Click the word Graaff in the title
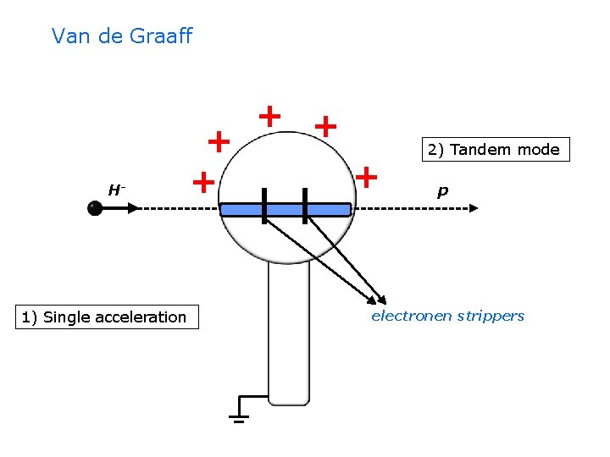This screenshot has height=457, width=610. click(x=163, y=36)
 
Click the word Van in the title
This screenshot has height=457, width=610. click(x=69, y=36)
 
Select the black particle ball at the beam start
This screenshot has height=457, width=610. click(x=95, y=208)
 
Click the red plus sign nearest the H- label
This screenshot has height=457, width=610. click(x=202, y=182)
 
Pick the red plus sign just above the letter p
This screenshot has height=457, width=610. click(x=366, y=177)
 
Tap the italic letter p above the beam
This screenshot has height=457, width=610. click(x=442, y=192)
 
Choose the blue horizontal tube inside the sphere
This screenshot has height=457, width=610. click(x=285, y=209)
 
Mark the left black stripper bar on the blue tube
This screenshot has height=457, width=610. click(x=264, y=206)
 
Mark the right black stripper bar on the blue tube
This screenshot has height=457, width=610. click(x=304, y=206)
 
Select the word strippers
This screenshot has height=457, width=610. click(x=491, y=316)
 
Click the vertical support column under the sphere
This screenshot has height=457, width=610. click(x=288, y=330)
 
